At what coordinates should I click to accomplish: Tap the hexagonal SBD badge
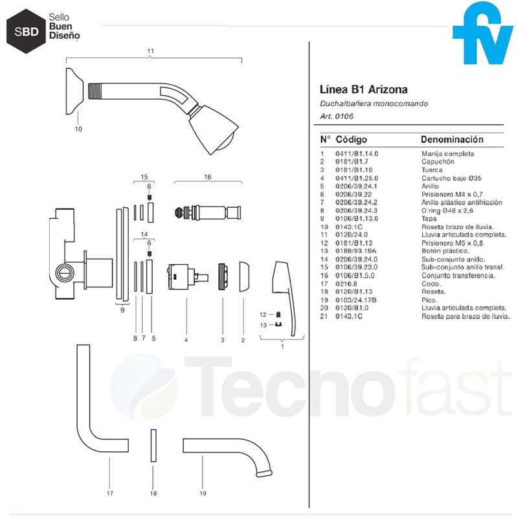pos(25,30)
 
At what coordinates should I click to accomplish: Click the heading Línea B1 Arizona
pos(364,89)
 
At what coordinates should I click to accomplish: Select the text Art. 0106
pos(337,117)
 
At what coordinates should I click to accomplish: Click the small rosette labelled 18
pos(153,445)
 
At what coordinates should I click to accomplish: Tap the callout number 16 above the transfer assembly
pos(207,176)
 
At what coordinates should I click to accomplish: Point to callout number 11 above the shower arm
pos(150,51)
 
